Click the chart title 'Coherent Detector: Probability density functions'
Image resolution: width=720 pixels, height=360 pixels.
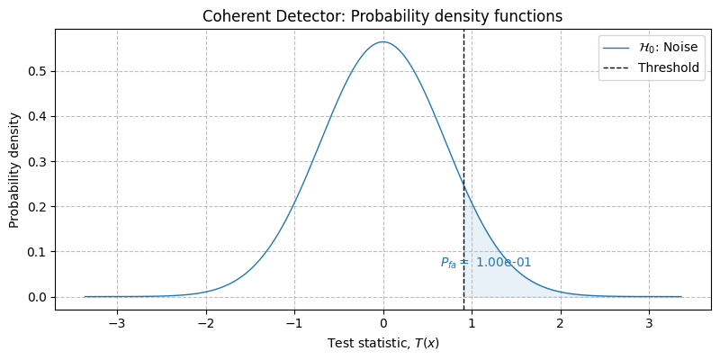click(382, 16)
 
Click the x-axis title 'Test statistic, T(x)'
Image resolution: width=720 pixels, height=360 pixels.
click(382, 344)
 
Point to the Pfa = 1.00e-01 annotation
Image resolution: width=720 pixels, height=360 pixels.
click(486, 263)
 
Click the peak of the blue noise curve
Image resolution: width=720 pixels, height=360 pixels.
click(382, 41)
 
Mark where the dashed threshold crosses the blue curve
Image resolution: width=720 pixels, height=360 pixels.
click(463, 185)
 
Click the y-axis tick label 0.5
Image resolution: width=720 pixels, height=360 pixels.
click(39, 71)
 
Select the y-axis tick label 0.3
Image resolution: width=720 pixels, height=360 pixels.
click(39, 162)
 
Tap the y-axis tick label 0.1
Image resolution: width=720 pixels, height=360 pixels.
click(39, 252)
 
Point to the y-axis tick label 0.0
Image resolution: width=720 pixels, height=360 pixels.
click(39, 297)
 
